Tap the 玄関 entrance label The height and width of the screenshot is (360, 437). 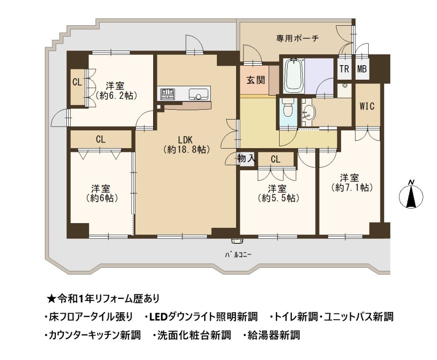pyautogui.click(x=255, y=80)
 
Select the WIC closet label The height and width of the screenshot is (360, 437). pyautogui.click(x=367, y=106)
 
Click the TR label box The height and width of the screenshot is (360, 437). pyautogui.click(x=344, y=68)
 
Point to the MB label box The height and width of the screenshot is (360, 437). pyautogui.click(x=362, y=68)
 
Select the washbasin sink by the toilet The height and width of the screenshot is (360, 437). pyautogui.click(x=309, y=113)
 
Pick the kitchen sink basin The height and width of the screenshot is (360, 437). pyautogui.click(x=198, y=94)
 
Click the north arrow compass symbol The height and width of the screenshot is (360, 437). pyautogui.click(x=411, y=195)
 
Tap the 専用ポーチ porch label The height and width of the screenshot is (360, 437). pyautogui.click(x=297, y=38)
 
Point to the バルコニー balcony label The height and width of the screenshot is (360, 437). pyautogui.click(x=238, y=255)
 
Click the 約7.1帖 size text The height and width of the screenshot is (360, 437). pyautogui.click(x=352, y=187)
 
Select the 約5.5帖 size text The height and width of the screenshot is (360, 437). pyautogui.click(x=279, y=198)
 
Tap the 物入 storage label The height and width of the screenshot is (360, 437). pyautogui.click(x=246, y=158)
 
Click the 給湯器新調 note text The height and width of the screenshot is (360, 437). pyautogui.click(x=274, y=335)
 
